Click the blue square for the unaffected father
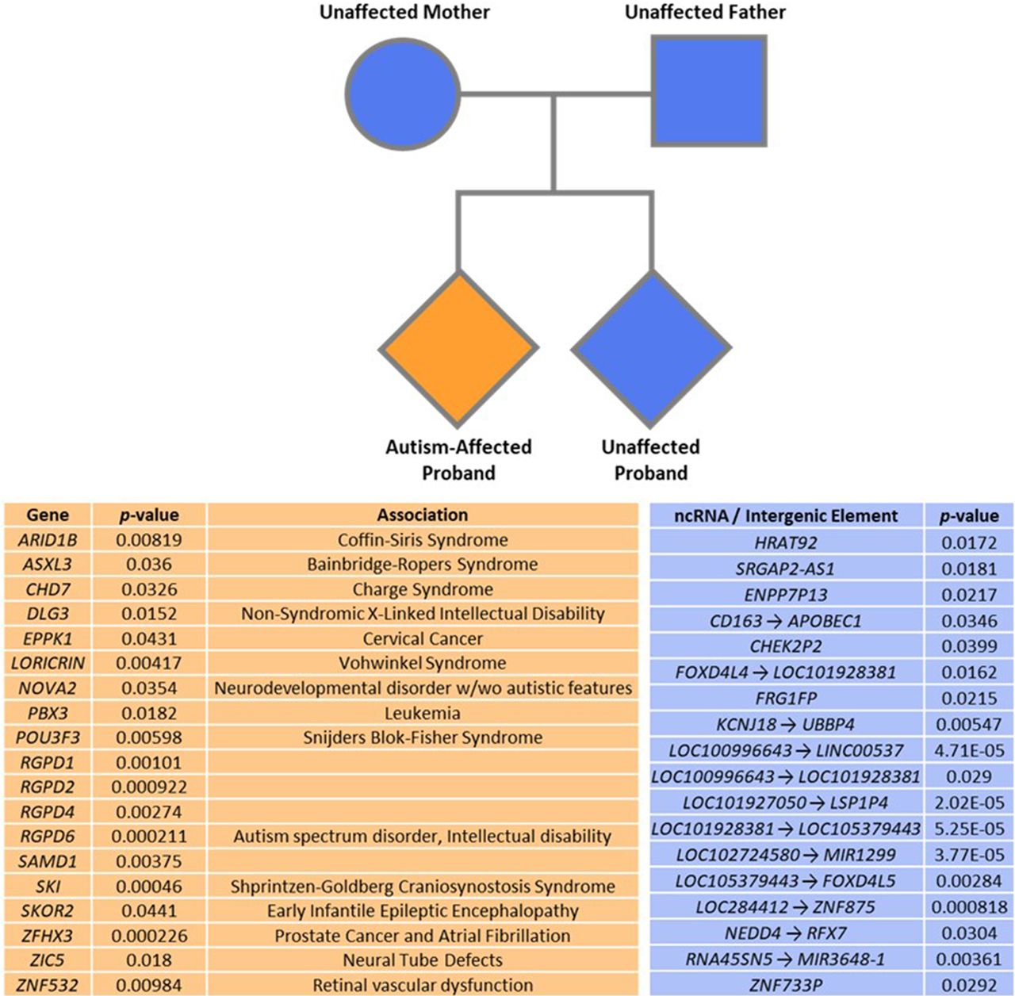point(708,90)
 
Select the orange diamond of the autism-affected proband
point(458,347)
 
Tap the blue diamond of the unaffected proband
point(651,347)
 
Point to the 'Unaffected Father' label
point(705,13)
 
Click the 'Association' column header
point(422,515)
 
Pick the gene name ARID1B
point(48,540)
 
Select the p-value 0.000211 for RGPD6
point(149,836)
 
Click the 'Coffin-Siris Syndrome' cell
point(422,540)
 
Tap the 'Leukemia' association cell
point(422,713)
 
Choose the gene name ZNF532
point(48,985)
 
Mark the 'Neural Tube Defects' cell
point(422,960)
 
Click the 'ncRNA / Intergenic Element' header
point(786,516)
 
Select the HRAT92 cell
point(786,542)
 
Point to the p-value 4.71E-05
point(969,750)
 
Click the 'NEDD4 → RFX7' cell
point(786,933)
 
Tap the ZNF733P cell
point(786,985)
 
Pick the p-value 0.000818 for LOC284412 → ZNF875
point(969,906)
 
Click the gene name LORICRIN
point(48,663)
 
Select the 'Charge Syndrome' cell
point(422,589)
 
